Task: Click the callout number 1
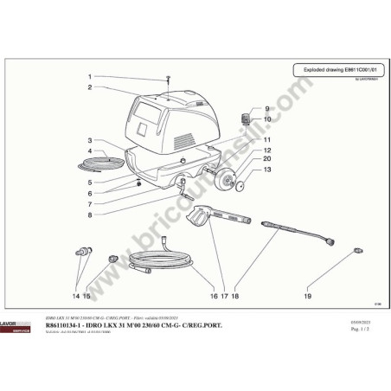(89, 76)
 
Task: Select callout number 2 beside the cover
(89, 87)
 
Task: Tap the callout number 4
(89, 151)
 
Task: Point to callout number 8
(89, 215)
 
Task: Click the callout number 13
(266, 170)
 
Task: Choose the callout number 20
(266, 159)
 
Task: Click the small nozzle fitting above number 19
(356, 251)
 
